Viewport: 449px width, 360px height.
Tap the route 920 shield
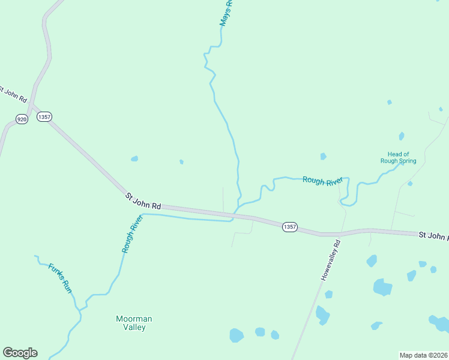click(22, 119)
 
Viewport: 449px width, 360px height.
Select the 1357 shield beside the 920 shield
click(44, 117)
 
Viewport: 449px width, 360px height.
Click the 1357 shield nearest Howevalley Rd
click(289, 226)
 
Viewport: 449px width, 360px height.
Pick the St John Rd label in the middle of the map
click(143, 201)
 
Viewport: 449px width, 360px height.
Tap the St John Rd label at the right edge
click(433, 236)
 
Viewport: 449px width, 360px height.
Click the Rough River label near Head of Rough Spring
click(322, 180)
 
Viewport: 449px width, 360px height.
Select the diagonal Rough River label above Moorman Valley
click(131, 234)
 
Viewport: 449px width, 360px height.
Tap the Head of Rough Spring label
click(398, 157)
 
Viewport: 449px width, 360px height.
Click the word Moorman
click(134, 319)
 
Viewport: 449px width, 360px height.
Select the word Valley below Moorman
click(134, 328)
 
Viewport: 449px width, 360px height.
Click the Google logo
click(20, 353)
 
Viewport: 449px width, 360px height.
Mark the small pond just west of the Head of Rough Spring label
click(324, 157)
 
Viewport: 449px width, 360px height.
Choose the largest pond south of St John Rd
click(382, 287)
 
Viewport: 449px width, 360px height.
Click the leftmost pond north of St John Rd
click(134, 159)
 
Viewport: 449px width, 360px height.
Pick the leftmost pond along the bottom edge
click(237, 335)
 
